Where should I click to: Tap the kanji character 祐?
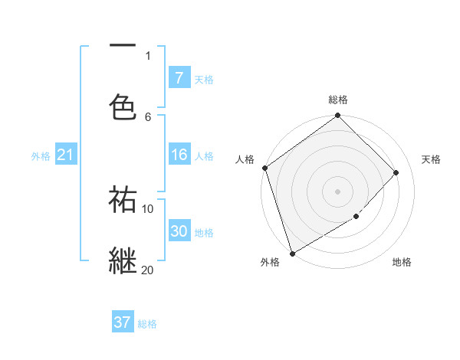(x=123, y=199)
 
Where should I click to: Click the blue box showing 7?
(x=179, y=77)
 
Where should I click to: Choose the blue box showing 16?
(x=179, y=155)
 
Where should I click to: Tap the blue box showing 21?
(x=65, y=155)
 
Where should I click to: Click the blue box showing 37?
(x=123, y=322)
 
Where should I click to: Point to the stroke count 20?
(x=147, y=270)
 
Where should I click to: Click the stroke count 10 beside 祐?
(x=147, y=208)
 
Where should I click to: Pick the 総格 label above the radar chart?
(x=338, y=100)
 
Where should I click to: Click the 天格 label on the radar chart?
(x=431, y=159)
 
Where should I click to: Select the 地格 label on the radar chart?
(x=402, y=263)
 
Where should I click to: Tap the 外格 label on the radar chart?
(x=270, y=263)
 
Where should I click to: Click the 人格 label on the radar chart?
(x=245, y=159)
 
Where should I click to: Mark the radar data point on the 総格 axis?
(x=338, y=116)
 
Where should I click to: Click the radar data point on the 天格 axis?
(x=396, y=172)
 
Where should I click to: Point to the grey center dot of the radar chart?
(x=338, y=191)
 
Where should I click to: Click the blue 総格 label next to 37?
(x=147, y=324)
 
